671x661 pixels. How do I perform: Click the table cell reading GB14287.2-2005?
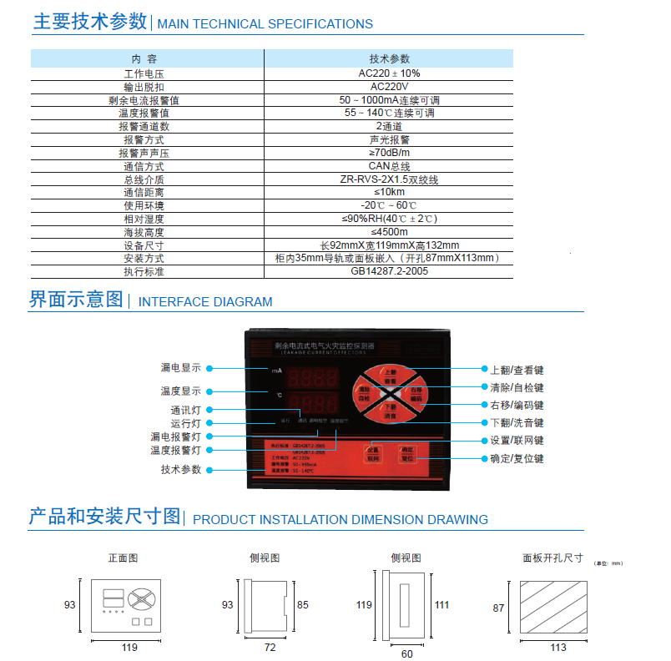389,271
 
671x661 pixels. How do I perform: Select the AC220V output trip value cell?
389,86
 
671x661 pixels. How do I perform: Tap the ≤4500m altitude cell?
389,232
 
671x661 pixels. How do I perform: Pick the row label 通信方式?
144,166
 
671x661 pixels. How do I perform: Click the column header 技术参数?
389,59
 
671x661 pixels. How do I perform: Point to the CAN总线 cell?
389,166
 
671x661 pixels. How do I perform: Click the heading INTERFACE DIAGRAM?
204,302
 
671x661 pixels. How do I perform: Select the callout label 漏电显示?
180,368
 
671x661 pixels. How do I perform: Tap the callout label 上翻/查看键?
517,369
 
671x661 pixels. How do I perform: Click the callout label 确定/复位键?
517,458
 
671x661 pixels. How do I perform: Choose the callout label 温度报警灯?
175,451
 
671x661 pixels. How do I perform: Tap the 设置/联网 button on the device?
372,453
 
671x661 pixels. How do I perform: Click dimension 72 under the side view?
270,647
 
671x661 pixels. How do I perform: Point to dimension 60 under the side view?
406,653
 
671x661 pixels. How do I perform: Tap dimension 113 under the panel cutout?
557,647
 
